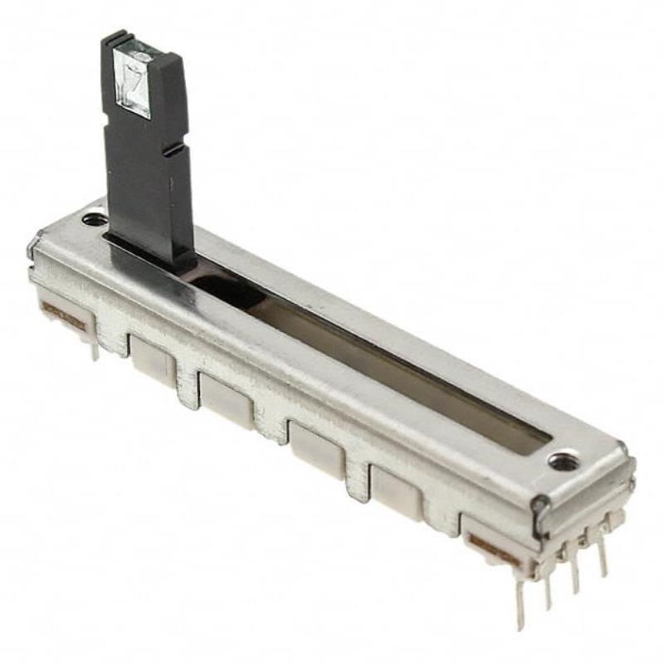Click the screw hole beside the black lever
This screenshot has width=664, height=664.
coord(95,220)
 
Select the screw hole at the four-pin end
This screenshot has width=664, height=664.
coord(564,460)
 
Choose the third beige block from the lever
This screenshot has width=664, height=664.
coord(315,449)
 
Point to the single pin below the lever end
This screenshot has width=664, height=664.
coord(95,349)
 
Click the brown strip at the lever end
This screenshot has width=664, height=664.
coord(63,315)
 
